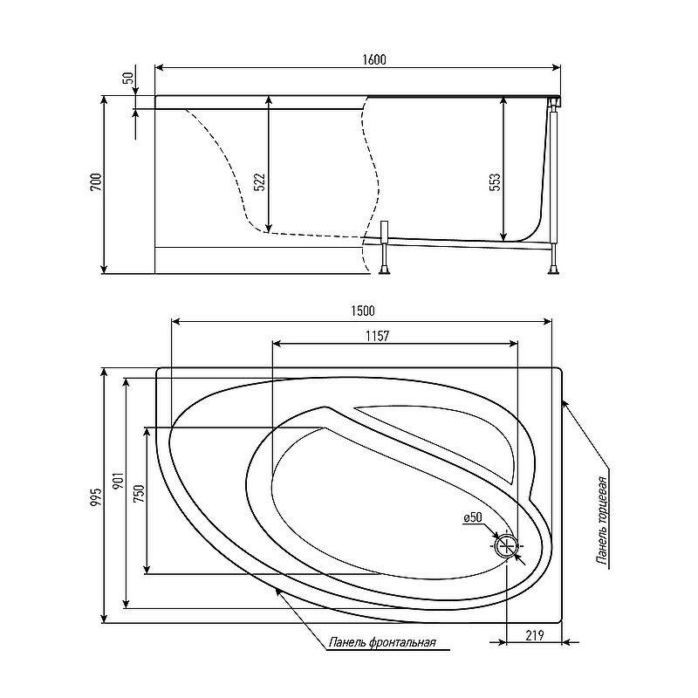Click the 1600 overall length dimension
[374, 59]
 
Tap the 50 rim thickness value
[128, 78]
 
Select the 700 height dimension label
[96, 182]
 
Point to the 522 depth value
[259, 182]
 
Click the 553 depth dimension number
[495, 182]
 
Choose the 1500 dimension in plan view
[363, 311]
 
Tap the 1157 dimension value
[378, 336]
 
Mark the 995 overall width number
[96, 496]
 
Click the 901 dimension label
[118, 482]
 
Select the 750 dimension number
[139, 494]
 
